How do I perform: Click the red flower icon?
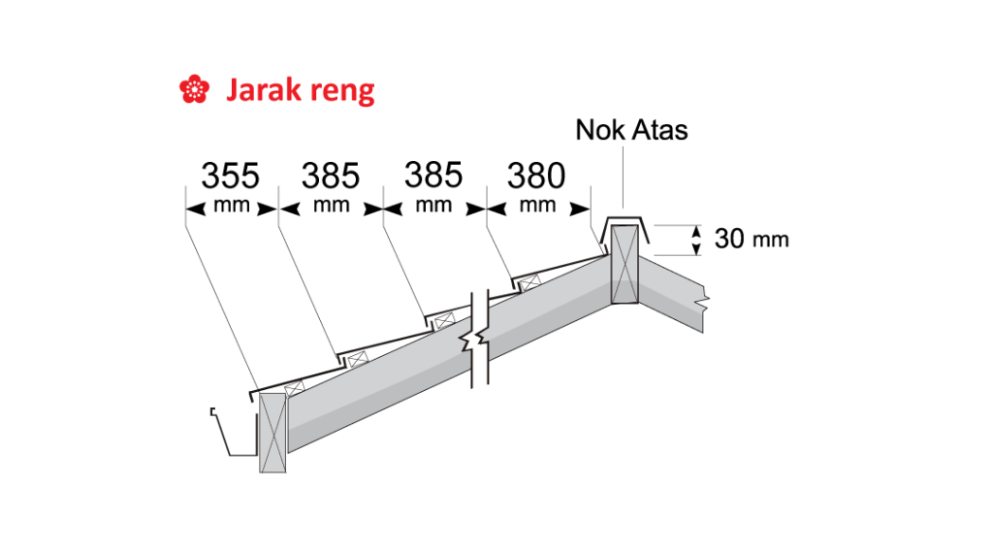click(x=194, y=90)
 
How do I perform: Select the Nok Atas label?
click(x=631, y=129)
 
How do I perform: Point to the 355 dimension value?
click(x=230, y=177)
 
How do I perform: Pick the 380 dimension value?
click(x=535, y=177)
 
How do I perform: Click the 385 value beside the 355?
click(x=330, y=177)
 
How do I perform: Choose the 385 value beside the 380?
click(x=433, y=177)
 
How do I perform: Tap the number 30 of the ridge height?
click(x=728, y=238)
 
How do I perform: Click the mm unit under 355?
click(x=232, y=206)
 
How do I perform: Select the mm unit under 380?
click(x=537, y=206)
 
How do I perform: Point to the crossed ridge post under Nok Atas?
click(x=625, y=264)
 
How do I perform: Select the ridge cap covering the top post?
click(x=625, y=222)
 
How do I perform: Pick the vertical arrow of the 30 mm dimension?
click(x=696, y=239)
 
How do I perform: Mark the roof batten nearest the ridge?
click(x=529, y=282)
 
